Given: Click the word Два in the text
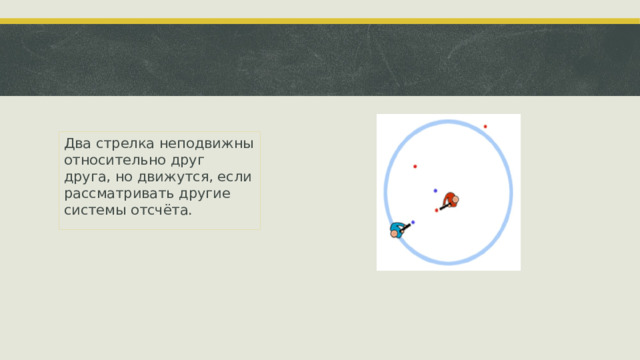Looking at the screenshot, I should (75, 143).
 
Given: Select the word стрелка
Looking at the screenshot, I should (126, 143).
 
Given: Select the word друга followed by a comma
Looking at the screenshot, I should (83, 177).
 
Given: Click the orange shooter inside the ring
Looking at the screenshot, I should (452, 199).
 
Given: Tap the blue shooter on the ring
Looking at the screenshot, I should (398, 230).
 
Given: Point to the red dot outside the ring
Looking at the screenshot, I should (485, 126).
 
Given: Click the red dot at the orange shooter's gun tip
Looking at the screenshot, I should (436, 210).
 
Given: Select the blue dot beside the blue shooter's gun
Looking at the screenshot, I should (413, 222).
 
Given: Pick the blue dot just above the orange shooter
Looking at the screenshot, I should (435, 190).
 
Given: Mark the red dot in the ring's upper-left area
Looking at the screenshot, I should (415, 166).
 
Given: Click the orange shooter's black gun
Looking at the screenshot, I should (442, 207).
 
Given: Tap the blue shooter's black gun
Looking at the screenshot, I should (407, 226).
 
